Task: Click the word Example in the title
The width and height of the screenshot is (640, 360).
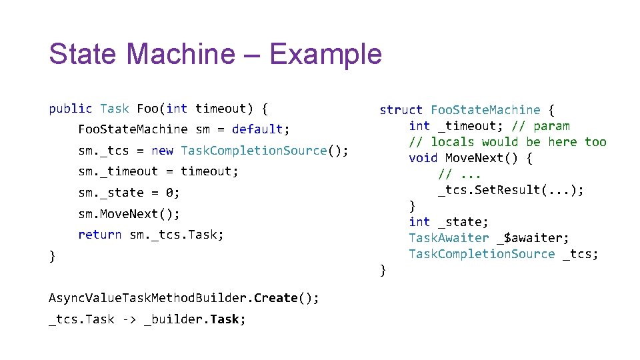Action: tap(325, 55)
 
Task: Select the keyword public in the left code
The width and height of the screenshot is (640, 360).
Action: tap(71, 108)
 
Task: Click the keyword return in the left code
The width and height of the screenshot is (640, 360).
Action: tap(100, 235)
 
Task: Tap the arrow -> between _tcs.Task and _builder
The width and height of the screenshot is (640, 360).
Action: tap(129, 319)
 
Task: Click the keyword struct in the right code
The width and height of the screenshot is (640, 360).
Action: tap(401, 110)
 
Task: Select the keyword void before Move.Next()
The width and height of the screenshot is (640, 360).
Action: tap(423, 158)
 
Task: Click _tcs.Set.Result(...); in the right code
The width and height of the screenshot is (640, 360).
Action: tap(511, 190)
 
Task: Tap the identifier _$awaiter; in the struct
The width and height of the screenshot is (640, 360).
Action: tap(533, 238)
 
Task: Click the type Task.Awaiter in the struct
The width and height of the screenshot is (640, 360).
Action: tap(449, 238)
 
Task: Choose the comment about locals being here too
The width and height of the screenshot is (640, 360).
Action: tap(507, 142)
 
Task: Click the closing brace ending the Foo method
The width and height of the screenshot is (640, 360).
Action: tap(52, 256)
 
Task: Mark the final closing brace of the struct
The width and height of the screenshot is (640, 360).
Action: tap(383, 270)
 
